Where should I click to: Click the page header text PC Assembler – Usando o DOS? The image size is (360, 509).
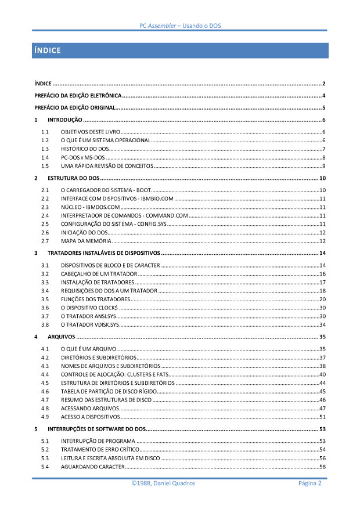(x=180, y=26)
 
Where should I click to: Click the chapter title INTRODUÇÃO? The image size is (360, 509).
(x=64, y=120)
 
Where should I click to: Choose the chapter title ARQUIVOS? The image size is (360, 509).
(x=61, y=337)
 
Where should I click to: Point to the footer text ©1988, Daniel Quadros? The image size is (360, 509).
(x=163, y=483)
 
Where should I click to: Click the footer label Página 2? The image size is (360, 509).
(x=310, y=483)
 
